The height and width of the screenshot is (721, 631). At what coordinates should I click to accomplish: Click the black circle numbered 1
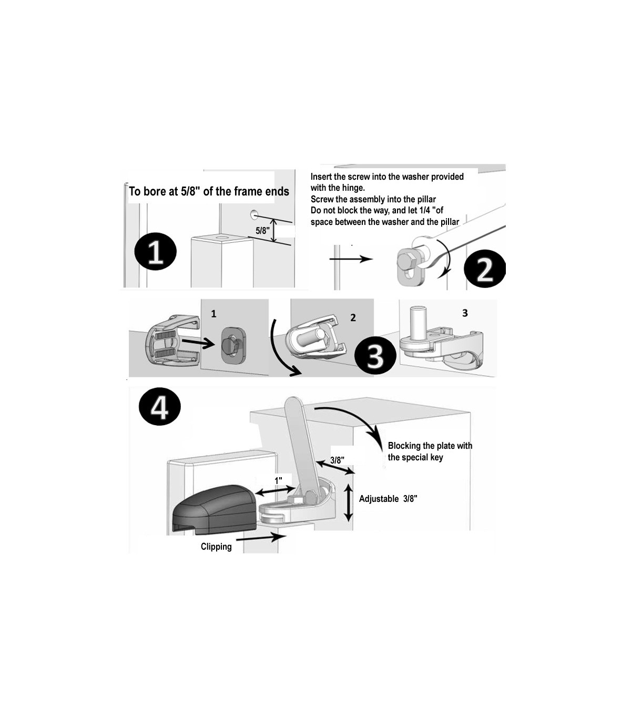pos(156,252)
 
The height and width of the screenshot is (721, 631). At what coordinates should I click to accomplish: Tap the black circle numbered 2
pos(485,269)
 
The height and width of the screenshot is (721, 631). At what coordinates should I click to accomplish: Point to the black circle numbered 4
pos(160,407)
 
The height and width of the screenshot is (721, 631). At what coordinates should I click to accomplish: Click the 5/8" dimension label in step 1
pos(262,231)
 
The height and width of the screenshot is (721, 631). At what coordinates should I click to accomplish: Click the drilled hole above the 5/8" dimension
pos(254,213)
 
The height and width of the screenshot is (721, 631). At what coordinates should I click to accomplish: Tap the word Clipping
pos(216,547)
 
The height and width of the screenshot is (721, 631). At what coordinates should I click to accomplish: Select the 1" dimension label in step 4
pos(279,480)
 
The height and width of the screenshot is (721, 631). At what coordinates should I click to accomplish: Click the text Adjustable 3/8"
pos(388,499)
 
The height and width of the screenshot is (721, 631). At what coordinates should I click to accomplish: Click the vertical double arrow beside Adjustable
pos(348,502)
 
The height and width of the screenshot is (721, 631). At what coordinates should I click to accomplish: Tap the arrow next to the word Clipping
pos(260,538)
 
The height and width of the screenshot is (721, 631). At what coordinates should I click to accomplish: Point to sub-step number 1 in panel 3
pos(213,314)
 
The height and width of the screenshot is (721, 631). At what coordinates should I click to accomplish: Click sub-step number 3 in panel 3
pos(465,313)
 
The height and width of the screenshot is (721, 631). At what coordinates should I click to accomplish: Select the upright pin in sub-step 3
pos(418,322)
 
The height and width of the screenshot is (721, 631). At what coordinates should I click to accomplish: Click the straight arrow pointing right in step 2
pos(351,259)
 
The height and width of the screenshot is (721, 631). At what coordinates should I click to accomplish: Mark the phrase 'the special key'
pos(415,457)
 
